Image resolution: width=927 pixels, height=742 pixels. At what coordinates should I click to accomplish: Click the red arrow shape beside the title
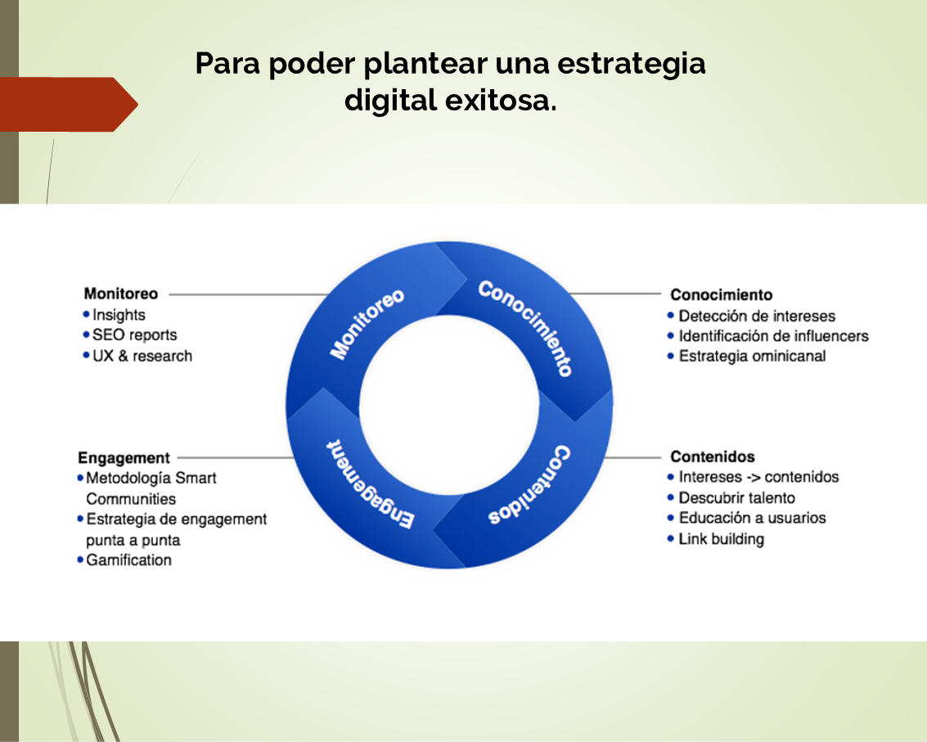[x=69, y=104]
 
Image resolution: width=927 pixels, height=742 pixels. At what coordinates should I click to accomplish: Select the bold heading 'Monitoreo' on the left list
[x=121, y=294]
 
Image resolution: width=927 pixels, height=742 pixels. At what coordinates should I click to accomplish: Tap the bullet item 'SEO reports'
[x=135, y=335]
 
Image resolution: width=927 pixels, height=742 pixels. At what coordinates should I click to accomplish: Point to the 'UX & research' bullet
[x=142, y=356]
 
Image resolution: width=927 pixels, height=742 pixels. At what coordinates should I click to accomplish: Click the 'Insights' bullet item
[x=119, y=314]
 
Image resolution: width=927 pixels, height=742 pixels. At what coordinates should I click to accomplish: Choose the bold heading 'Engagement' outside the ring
[x=124, y=458]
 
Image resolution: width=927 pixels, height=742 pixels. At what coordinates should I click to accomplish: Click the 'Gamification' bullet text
[x=129, y=560]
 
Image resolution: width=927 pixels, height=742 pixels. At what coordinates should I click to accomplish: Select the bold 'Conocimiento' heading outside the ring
[x=722, y=295]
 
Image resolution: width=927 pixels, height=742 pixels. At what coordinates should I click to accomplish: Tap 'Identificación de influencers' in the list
[x=774, y=336]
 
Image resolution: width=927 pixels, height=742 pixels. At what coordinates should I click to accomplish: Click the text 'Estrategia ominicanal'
[x=753, y=357]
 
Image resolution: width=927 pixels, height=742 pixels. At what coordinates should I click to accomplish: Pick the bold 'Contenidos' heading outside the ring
[x=713, y=456]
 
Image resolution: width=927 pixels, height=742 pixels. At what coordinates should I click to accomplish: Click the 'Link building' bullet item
[x=722, y=539]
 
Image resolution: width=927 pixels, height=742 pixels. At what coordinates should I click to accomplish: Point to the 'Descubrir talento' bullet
[x=736, y=498]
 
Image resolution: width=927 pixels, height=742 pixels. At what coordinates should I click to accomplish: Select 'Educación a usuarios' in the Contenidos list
[x=752, y=518]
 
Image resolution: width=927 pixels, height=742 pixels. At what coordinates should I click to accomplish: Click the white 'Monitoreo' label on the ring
[x=367, y=324]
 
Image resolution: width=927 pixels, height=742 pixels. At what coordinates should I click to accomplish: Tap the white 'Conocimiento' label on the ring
[x=525, y=327]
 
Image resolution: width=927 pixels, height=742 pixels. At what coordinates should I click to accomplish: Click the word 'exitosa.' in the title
[x=500, y=100]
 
